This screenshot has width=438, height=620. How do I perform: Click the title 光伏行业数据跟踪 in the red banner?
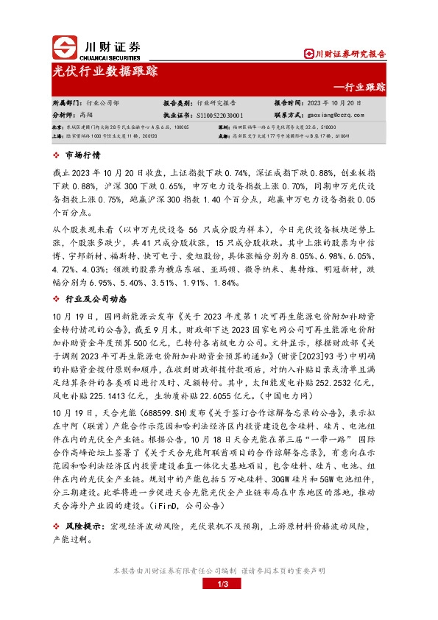point(105,71)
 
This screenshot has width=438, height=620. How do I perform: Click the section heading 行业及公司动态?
point(96,300)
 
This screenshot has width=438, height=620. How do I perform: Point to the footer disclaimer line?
point(219,571)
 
